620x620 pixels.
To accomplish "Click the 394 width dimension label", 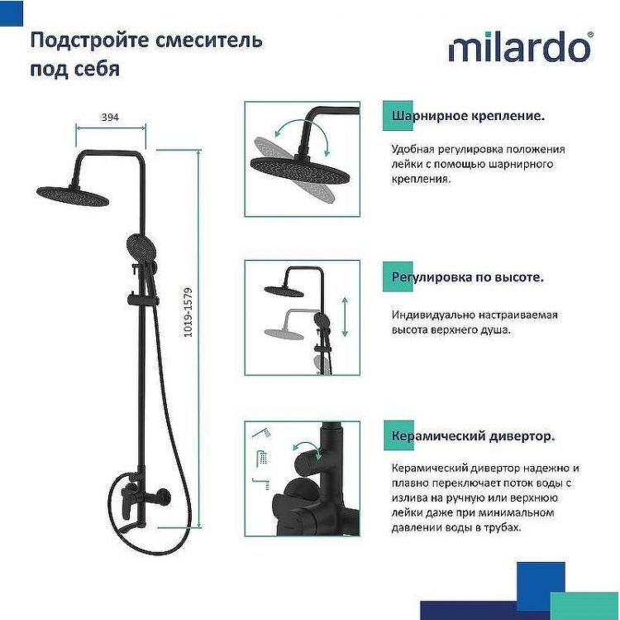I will click(110, 118).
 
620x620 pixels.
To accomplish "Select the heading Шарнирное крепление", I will click(468, 117).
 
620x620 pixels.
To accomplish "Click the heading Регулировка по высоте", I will click(468, 277).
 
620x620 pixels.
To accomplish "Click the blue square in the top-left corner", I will click(11, 11).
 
